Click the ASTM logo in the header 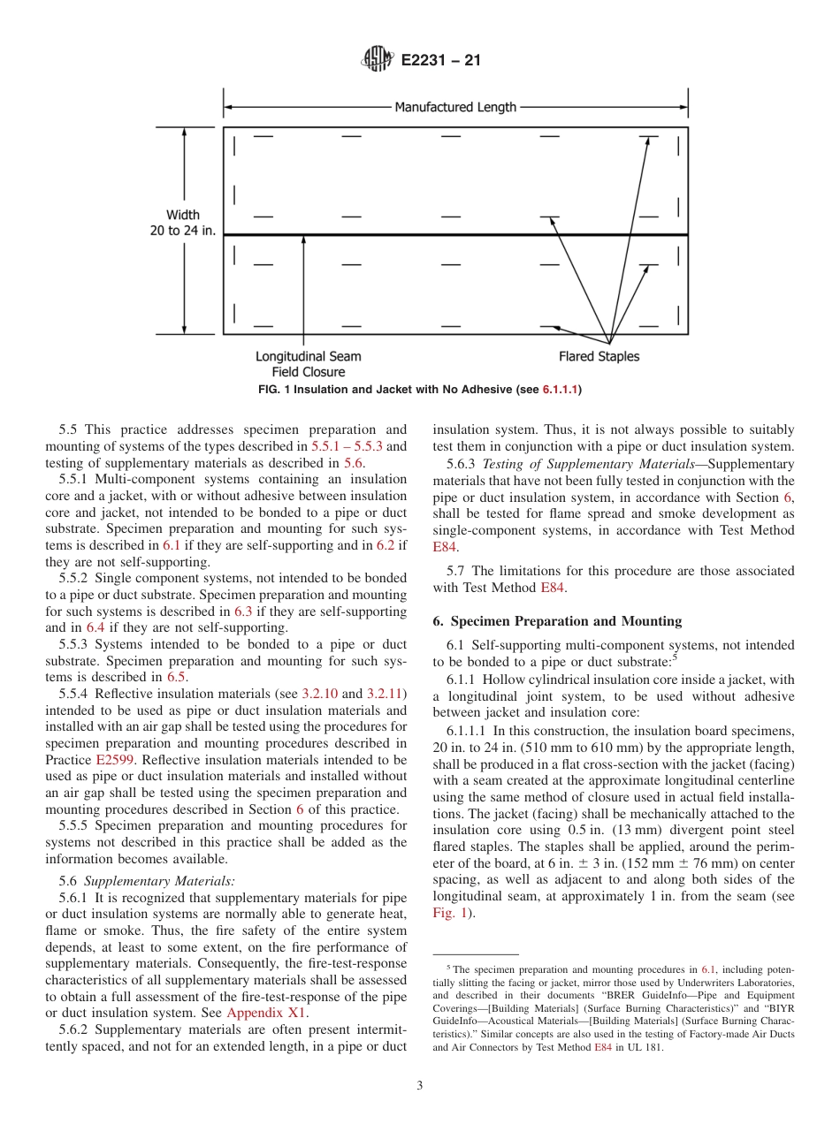pos(377,61)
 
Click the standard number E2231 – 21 pos(440,61)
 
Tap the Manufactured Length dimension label pos(454,107)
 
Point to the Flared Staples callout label pos(599,356)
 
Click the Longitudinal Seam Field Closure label pos(308,364)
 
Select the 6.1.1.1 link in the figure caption pos(560,389)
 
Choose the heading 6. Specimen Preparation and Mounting pos(557,621)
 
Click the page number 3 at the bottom pos(420,1085)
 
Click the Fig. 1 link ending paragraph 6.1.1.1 pos(448,913)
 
